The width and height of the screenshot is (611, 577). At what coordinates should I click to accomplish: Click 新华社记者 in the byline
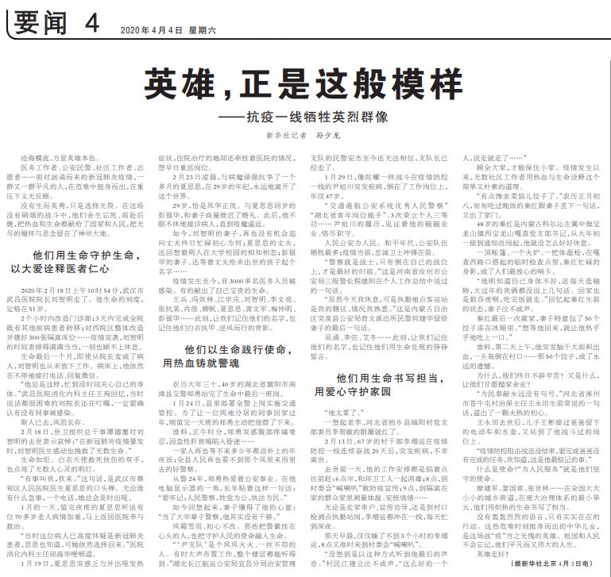point(285,136)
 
